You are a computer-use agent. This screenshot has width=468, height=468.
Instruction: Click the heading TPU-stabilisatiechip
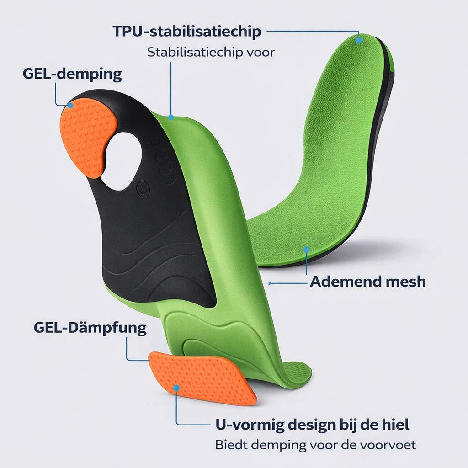[x=187, y=32]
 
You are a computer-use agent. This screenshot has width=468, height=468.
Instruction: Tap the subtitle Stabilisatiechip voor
[x=211, y=52]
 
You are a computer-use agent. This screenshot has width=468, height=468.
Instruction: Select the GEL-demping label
[x=72, y=74]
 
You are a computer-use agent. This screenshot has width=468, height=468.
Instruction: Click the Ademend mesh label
[x=367, y=282]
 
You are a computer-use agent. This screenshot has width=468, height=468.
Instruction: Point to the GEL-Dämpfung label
[x=90, y=328]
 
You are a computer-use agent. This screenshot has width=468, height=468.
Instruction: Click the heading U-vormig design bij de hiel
[x=312, y=425]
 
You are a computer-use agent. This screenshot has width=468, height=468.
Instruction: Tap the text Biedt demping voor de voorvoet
[x=315, y=444]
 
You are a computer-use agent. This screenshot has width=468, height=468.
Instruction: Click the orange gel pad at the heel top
[x=86, y=135]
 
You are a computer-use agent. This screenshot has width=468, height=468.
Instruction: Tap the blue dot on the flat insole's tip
[x=359, y=40]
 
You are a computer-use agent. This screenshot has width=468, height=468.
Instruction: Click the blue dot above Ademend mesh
[x=306, y=250]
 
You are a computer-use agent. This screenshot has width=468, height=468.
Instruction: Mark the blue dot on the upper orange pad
[x=70, y=106]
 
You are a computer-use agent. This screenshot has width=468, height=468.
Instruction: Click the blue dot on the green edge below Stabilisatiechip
[x=171, y=117]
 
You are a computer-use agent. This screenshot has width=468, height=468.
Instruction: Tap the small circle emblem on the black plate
[x=143, y=187]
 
